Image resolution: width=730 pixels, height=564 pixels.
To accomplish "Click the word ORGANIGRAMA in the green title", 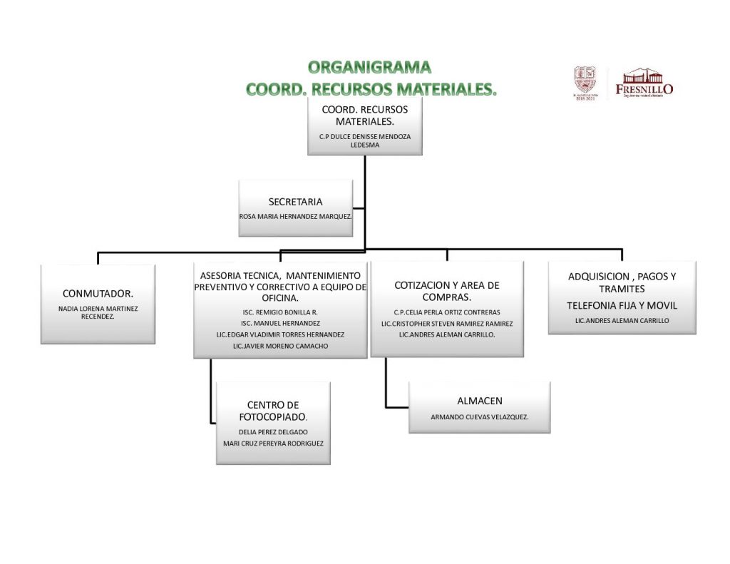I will [x=370, y=68].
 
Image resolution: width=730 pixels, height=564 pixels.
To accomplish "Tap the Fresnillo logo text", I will [x=644, y=89].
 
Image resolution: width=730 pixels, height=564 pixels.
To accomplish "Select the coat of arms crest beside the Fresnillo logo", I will [x=585, y=81].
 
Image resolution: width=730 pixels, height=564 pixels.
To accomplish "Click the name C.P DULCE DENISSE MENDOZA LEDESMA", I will [x=365, y=140].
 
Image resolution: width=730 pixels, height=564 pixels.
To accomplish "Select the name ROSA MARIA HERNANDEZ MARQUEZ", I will [x=296, y=215].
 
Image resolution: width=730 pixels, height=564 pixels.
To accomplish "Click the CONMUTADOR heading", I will [x=98, y=293].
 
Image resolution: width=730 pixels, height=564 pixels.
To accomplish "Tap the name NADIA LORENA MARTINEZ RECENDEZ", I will [x=98, y=312].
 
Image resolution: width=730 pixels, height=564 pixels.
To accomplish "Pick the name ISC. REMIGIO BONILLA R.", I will [x=280, y=312].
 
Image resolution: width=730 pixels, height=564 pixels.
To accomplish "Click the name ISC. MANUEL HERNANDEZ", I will [x=280, y=323].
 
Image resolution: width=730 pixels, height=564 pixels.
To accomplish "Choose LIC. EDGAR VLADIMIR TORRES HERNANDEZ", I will [x=280, y=334].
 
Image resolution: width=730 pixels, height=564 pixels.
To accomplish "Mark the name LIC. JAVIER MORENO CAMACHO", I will [x=280, y=346].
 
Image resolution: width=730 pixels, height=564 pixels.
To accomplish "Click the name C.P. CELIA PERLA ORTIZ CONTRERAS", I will [x=447, y=312].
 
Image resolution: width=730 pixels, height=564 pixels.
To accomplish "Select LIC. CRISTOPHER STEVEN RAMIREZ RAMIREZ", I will [x=447, y=323].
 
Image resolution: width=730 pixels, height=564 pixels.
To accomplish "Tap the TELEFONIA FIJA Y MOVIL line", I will [x=622, y=305].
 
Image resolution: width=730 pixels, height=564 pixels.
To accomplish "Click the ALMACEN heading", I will [x=479, y=401].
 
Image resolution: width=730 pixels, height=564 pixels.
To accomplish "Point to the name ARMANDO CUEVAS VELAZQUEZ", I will [x=479, y=417].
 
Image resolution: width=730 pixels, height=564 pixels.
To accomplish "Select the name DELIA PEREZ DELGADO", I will [x=273, y=432].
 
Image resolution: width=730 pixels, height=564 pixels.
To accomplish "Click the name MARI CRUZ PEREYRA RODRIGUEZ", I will [x=273, y=443].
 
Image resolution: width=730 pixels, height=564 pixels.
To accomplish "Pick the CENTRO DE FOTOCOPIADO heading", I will [x=273, y=411].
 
